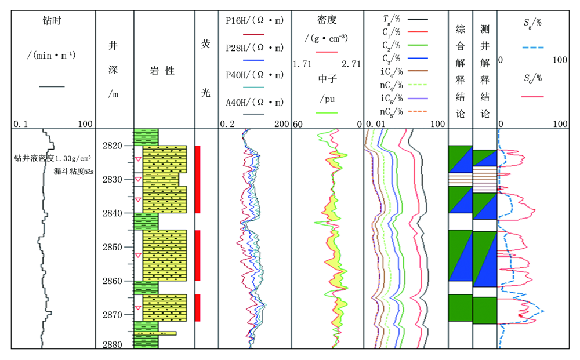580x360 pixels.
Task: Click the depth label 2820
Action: point(113,146)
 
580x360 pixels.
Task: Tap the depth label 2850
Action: point(113,248)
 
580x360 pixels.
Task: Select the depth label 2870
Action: point(113,315)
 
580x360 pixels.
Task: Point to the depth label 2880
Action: point(113,344)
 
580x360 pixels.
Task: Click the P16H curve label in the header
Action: point(255,21)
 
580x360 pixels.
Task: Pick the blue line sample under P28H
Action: point(254,60)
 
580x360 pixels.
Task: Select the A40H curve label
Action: point(255,103)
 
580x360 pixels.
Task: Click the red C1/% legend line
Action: point(417,32)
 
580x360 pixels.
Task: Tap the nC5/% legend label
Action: point(391,112)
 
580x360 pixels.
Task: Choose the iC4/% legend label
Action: point(391,71)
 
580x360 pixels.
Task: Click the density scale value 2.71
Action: point(351,64)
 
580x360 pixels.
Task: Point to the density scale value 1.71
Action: point(302,64)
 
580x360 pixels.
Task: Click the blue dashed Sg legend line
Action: point(533,48)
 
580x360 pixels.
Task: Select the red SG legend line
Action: point(532,96)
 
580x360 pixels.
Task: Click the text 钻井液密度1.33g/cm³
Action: point(52,158)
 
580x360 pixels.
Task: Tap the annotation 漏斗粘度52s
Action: point(74,172)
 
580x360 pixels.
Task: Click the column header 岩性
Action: point(162,71)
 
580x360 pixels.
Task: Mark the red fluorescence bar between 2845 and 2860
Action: point(198,256)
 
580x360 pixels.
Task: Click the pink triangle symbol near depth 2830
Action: point(138,179)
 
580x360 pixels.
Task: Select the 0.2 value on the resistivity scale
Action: point(227,124)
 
